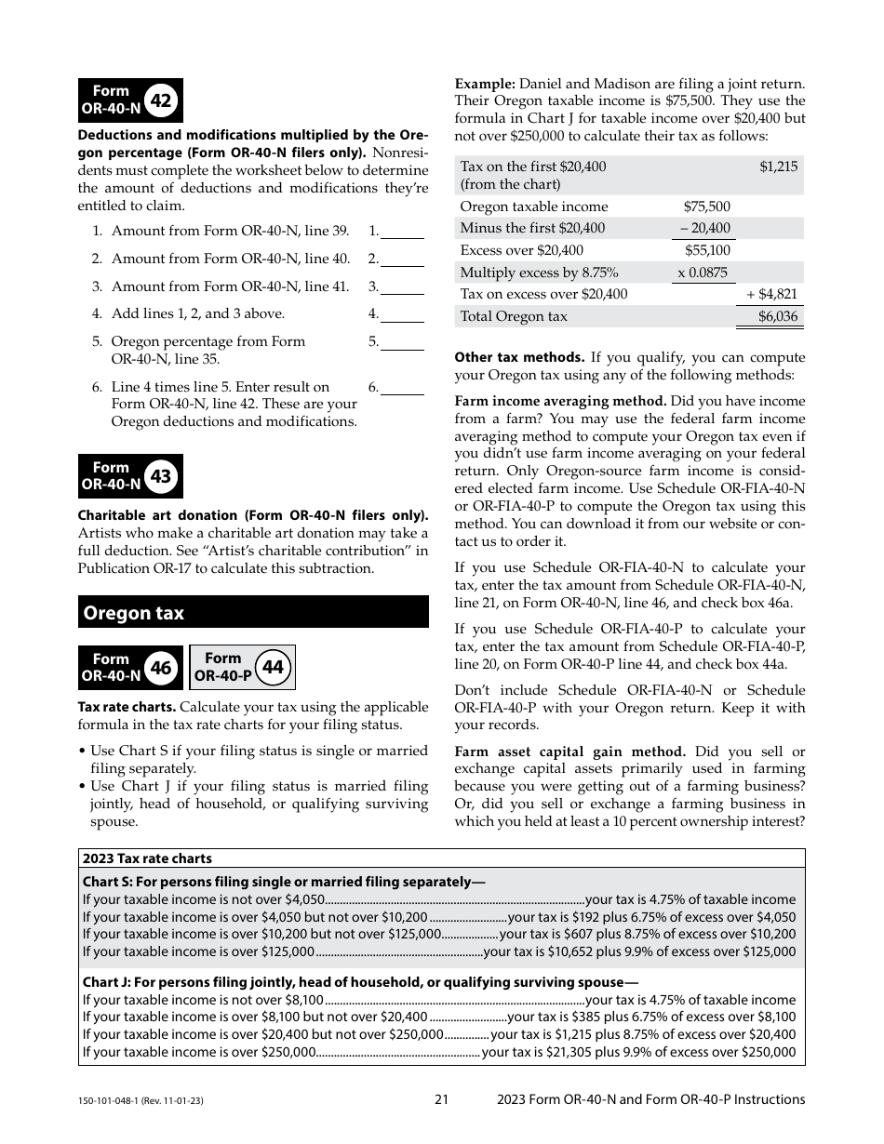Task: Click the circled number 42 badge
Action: pos(160,100)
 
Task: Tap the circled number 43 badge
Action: pos(160,476)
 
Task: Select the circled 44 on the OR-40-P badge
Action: pos(273,667)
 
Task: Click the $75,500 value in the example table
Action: pos(706,206)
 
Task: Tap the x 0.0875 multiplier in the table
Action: pos(703,273)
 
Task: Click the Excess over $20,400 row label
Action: pos(522,250)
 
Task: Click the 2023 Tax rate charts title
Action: pos(147,858)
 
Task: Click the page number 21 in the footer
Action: pos(442,1099)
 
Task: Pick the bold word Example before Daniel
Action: pos(485,84)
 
